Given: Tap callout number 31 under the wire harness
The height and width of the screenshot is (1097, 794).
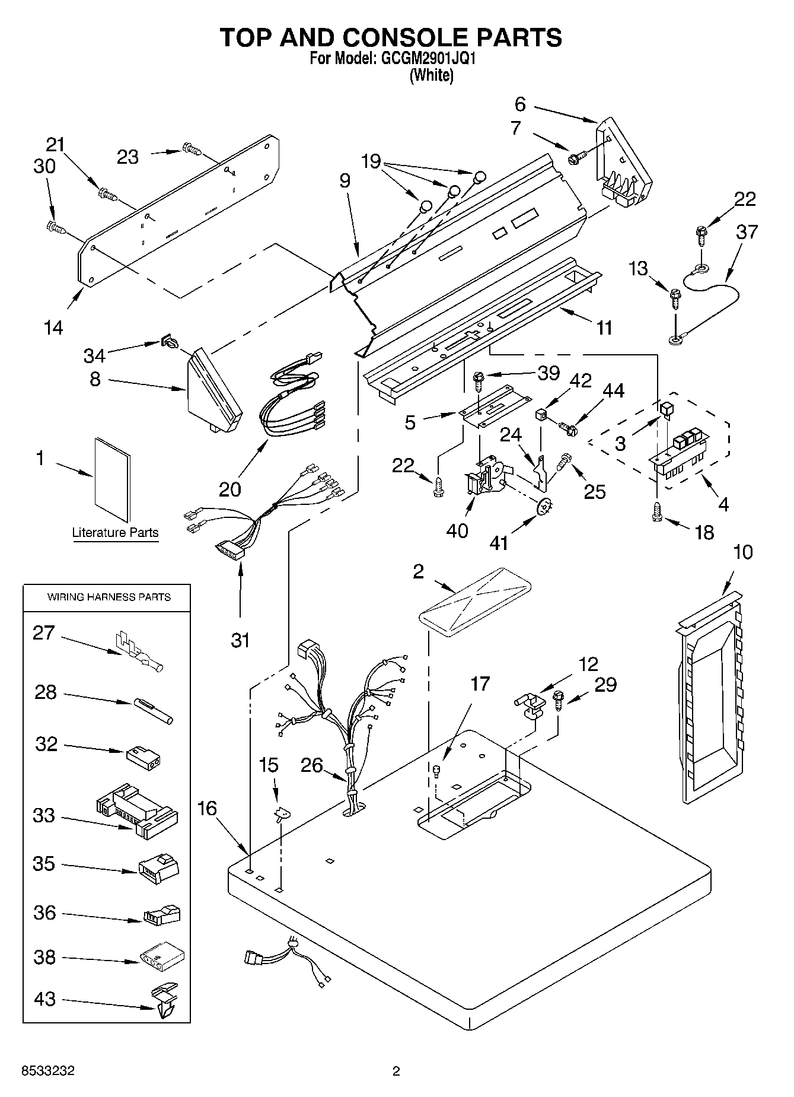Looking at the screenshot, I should coord(240,640).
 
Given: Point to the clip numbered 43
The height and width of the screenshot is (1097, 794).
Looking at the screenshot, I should coord(166,1003).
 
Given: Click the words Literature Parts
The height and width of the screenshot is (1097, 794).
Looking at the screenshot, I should coord(116,533).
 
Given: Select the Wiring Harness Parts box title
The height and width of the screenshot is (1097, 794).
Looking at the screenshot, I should coord(109,597).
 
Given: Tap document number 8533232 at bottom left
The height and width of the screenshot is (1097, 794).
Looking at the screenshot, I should coord(48,1071).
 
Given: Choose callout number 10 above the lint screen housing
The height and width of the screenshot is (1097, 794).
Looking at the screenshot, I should coord(742,552).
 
